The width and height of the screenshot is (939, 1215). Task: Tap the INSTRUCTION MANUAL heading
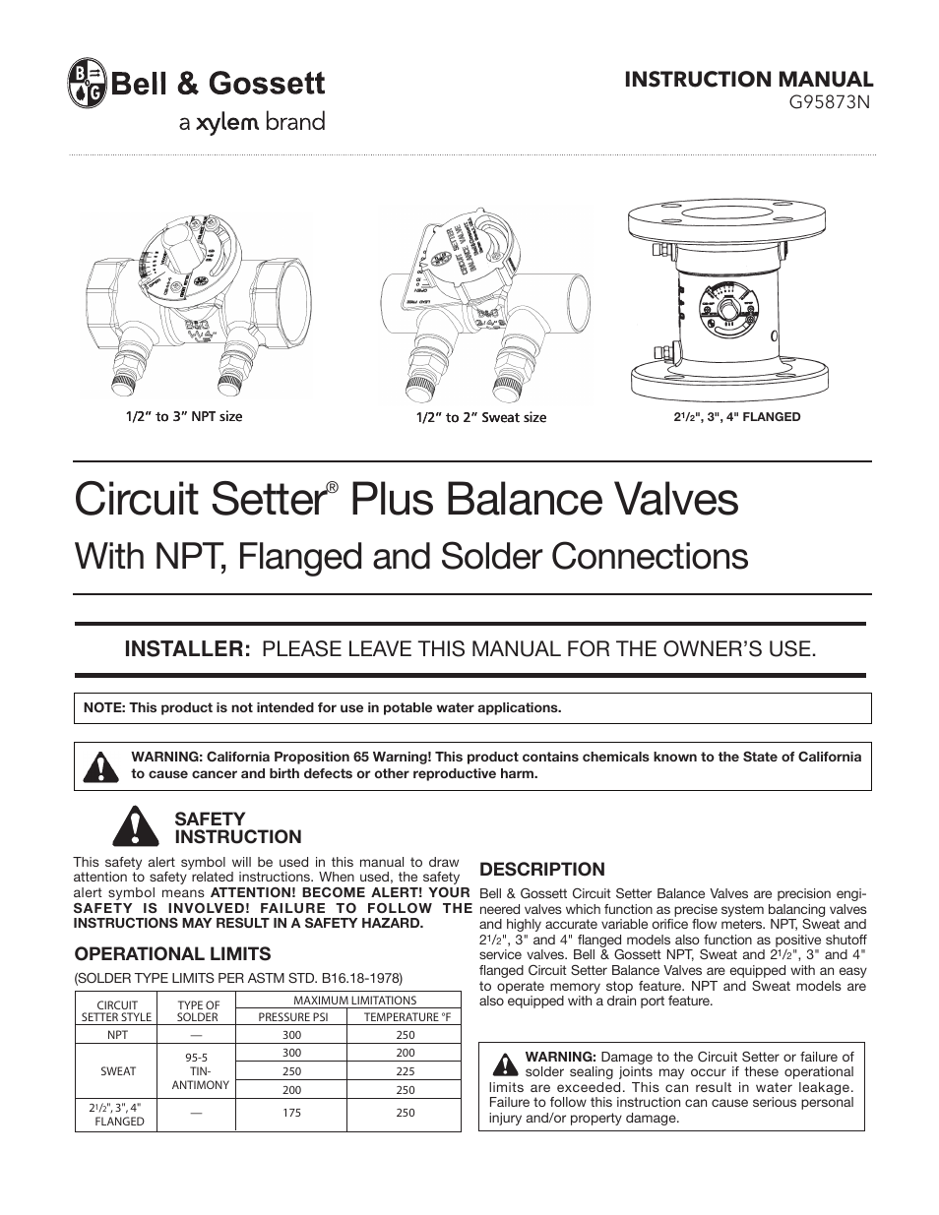pyautogui.click(x=749, y=79)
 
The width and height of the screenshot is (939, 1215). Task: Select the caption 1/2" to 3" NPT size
pyautogui.click(x=183, y=416)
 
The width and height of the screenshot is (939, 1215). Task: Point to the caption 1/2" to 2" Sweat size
pyautogui.click(x=480, y=417)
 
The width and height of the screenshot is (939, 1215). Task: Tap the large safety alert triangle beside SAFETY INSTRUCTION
pyautogui.click(x=130, y=826)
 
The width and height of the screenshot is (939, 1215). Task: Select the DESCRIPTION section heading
pyautogui.click(x=541, y=869)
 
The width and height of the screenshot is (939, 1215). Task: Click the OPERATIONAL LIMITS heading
pyautogui.click(x=173, y=953)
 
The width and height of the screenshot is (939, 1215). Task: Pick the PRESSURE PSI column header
pyautogui.click(x=292, y=1017)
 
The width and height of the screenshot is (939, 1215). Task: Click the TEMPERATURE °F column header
pyautogui.click(x=406, y=1017)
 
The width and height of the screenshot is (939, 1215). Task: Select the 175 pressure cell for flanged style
pyautogui.click(x=292, y=1113)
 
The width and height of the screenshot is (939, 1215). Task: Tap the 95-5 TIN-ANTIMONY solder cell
pyautogui.click(x=200, y=1070)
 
